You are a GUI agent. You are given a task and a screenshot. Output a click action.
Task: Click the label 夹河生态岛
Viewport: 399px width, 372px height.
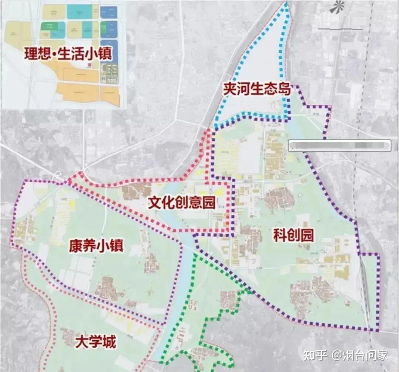[257, 90]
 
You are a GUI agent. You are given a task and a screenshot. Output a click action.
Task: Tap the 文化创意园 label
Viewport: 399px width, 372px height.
[181, 203]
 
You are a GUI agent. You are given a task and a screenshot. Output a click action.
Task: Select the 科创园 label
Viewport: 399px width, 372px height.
[293, 235]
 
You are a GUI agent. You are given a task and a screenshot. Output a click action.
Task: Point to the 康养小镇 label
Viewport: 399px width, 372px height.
[96, 246]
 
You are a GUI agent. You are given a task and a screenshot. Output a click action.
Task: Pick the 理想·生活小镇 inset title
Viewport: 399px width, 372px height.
[68, 54]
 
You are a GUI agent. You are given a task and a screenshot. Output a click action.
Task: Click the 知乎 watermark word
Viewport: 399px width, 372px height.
[315, 355]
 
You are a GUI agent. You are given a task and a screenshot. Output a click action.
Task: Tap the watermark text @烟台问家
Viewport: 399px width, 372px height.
[360, 355]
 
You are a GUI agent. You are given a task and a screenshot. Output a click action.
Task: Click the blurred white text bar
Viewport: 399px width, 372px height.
[339, 145]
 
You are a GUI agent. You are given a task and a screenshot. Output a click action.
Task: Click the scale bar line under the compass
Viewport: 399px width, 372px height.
[340, 28]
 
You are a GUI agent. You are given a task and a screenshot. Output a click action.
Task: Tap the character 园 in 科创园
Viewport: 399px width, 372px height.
[307, 235]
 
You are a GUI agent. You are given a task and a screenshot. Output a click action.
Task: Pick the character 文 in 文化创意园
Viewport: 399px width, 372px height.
[155, 203]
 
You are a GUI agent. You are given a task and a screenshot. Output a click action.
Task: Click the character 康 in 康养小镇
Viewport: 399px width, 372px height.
[75, 246]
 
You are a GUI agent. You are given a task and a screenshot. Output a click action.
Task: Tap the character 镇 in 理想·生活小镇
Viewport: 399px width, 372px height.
[105, 54]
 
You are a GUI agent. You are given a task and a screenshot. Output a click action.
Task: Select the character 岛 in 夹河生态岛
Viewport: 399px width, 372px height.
[284, 90]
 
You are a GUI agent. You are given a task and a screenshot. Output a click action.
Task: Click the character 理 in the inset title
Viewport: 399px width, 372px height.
[31, 54]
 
